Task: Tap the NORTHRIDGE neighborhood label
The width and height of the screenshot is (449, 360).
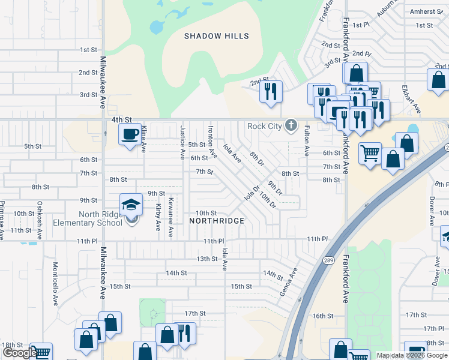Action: click(217, 221)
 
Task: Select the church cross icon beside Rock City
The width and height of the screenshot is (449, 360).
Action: click(291, 125)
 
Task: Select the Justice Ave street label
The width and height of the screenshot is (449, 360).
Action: click(182, 143)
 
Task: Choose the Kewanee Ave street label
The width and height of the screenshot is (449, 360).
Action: click(170, 217)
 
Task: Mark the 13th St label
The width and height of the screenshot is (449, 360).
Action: click(206, 259)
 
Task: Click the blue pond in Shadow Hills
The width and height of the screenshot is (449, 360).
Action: click(157, 27)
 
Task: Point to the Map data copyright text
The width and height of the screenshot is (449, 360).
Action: click(412, 355)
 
